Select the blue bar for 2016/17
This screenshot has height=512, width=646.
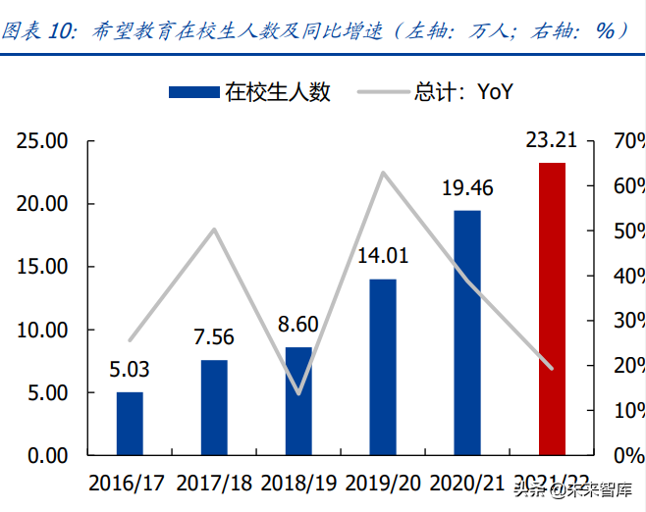point(130,424)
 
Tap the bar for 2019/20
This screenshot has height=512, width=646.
point(383,368)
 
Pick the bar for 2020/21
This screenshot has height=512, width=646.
point(467,333)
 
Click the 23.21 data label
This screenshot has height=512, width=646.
point(552,142)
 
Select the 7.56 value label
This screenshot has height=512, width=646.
point(214,337)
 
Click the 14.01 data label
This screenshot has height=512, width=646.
point(383,257)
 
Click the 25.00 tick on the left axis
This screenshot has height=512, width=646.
point(42,141)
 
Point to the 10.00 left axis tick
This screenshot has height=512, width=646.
point(42,331)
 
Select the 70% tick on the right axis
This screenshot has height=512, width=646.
point(628,141)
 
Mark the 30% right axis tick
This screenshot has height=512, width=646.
point(628,321)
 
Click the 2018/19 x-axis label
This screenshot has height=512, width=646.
point(298,484)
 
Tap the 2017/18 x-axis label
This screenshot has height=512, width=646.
point(214,484)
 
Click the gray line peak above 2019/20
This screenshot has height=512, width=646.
point(383,173)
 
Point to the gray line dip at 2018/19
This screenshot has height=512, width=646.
point(298,393)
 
